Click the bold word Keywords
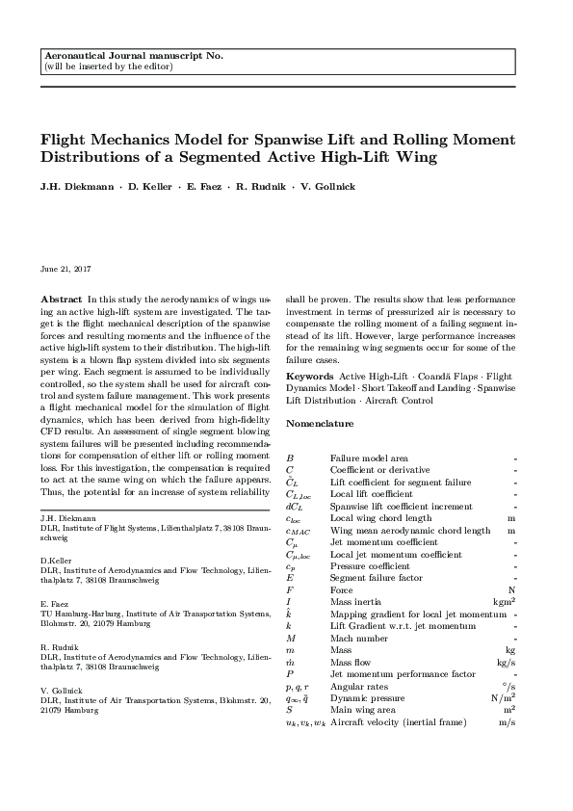click(x=310, y=375)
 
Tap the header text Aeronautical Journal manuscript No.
click(x=133, y=57)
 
